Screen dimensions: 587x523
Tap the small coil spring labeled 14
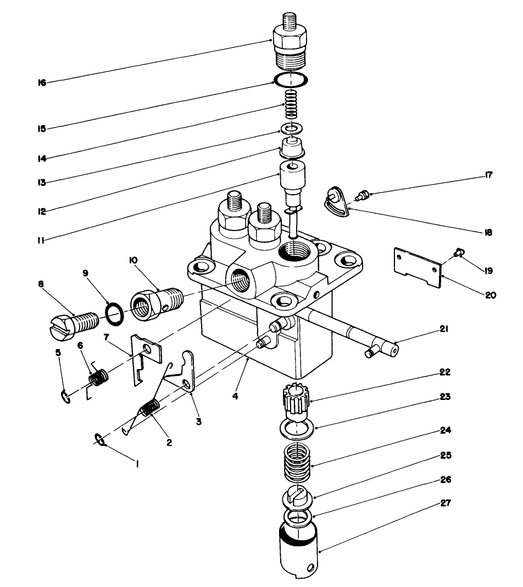[291, 105]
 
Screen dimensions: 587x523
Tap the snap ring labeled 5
[65, 397]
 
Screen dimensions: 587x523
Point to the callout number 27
[445, 502]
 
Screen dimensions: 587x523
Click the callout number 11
[41, 240]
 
